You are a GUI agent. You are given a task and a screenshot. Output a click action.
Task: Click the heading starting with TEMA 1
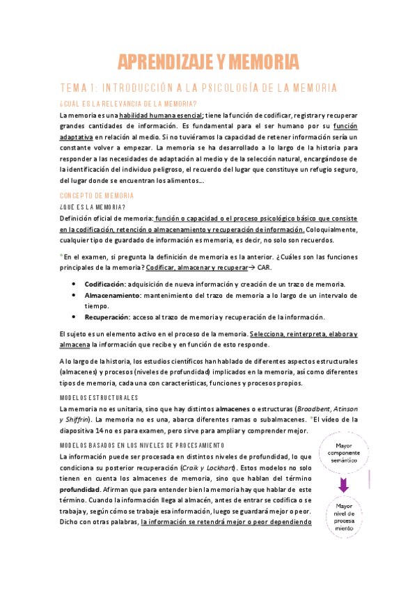pos(208,88)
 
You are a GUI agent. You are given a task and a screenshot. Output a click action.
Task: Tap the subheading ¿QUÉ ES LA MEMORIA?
pos(93,207)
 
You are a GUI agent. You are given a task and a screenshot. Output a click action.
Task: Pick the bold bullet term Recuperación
pos(107,317)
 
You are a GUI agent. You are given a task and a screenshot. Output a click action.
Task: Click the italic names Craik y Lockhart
pos(207,466)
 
